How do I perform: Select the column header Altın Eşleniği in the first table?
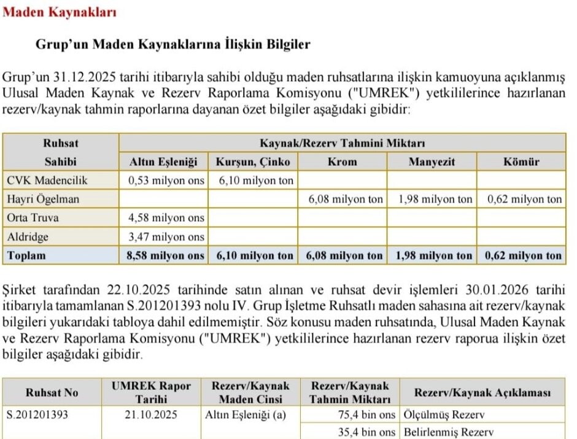[x=166, y=162]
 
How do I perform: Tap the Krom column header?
[x=343, y=162]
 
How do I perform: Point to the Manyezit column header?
[x=432, y=162]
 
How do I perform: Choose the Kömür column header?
[x=522, y=162]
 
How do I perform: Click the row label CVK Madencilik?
[x=48, y=181]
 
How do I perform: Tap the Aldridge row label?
[x=28, y=236]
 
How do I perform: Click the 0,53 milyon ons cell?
[x=166, y=181]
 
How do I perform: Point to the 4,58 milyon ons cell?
[x=166, y=218]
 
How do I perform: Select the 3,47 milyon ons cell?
[x=166, y=236]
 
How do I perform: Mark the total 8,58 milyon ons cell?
[x=166, y=255]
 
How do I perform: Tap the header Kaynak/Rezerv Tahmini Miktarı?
[x=343, y=144]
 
